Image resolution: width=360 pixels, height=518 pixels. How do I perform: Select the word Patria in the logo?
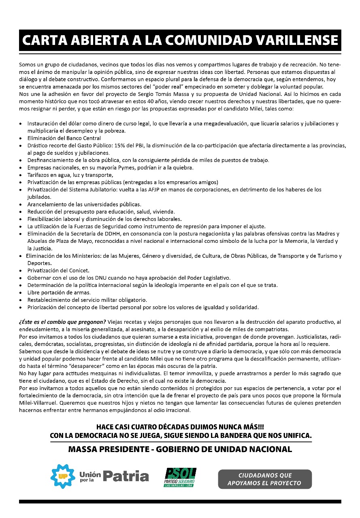click(x=126, y=476)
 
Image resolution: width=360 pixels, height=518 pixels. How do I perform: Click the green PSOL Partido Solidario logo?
click(x=180, y=477)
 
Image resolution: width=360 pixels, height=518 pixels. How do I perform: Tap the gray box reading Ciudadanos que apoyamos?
click(x=265, y=479)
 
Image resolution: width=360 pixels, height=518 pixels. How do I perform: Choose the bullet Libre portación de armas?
click(x=59, y=292)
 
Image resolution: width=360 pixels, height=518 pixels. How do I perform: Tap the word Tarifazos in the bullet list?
click(x=40, y=175)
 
